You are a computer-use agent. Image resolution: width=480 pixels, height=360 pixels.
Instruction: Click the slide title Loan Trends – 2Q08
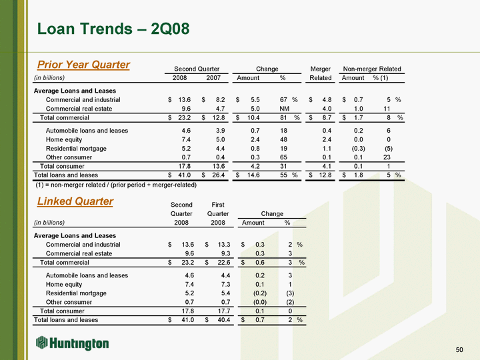[113, 29]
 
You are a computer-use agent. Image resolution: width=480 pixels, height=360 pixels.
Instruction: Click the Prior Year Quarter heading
[83, 65]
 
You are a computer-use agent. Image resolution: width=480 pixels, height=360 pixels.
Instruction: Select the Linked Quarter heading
[75, 201]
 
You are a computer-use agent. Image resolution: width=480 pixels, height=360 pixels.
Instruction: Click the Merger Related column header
[321, 73]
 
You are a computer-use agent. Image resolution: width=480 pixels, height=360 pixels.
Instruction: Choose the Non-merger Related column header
[372, 69]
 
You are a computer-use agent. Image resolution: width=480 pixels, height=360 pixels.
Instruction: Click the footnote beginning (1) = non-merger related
[115, 185]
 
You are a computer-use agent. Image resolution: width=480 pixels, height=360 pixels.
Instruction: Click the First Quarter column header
[219, 209]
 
